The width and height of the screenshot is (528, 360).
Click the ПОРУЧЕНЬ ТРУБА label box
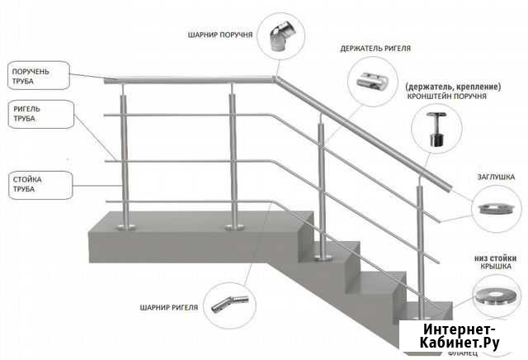click(x=31, y=77)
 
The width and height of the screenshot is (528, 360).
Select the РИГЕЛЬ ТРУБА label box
click(x=31, y=113)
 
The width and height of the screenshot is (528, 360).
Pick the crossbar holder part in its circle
click(x=372, y=83)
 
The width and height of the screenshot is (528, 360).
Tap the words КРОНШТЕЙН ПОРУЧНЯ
click(x=446, y=97)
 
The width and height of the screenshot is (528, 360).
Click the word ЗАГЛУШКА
click(x=496, y=176)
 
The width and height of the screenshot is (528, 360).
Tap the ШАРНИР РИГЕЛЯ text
click(x=170, y=308)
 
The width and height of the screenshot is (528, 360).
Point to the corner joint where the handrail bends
click(x=274, y=79)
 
